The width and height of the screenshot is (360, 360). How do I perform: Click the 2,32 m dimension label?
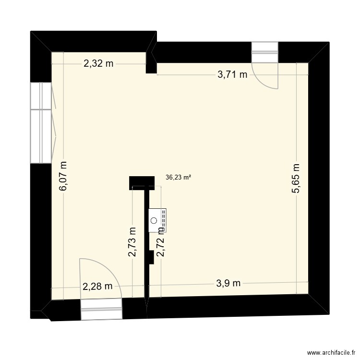(99, 63)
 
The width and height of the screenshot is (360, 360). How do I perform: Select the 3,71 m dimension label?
(232, 74)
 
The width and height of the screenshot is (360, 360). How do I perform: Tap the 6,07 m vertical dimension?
(63, 176)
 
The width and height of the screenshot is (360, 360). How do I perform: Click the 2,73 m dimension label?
(132, 241)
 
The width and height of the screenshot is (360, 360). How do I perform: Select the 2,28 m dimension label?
(98, 287)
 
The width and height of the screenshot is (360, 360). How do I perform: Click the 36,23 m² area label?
(179, 177)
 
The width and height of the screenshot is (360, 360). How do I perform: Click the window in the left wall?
(41, 122)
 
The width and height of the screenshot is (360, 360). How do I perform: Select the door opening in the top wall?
(265, 52)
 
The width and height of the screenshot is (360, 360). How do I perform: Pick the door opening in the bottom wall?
(101, 309)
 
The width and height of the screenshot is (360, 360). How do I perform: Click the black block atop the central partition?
(142, 182)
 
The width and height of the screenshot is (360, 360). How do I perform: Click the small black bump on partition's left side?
(151, 257)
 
